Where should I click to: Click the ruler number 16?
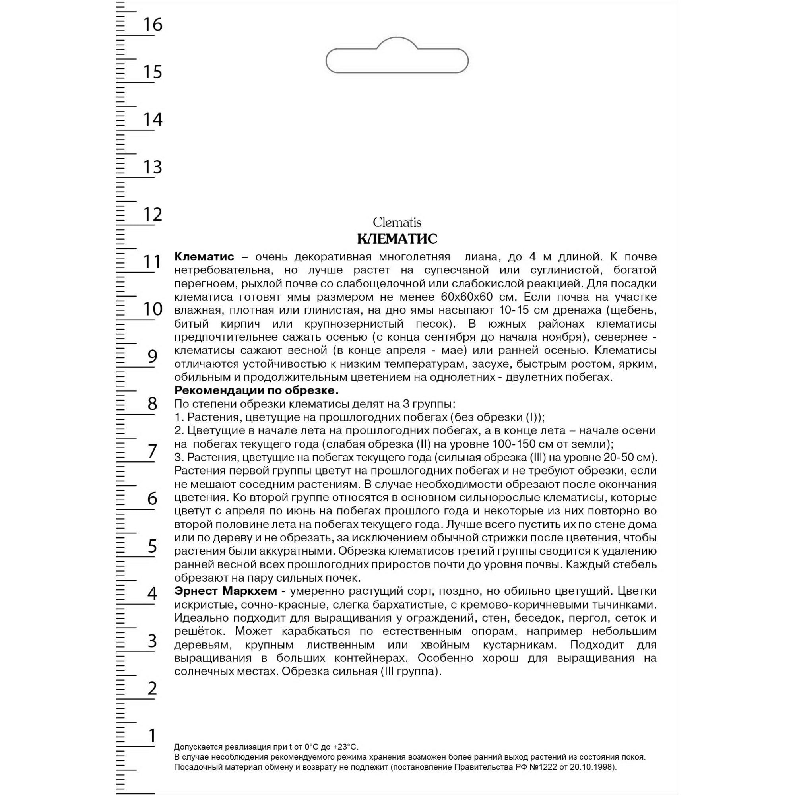point(153,25)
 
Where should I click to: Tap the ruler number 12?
point(153,214)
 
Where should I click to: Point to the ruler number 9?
point(153,356)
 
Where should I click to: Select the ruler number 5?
point(153,546)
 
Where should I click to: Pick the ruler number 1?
point(153,736)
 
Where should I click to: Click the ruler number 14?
point(153,120)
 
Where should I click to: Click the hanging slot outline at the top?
point(397,60)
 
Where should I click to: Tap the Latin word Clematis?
point(397,223)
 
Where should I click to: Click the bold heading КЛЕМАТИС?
point(397,238)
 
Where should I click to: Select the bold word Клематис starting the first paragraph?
point(204,257)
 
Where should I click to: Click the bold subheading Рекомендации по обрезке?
point(256,390)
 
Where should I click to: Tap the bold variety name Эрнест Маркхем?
point(225,591)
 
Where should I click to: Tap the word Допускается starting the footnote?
point(196,747)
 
